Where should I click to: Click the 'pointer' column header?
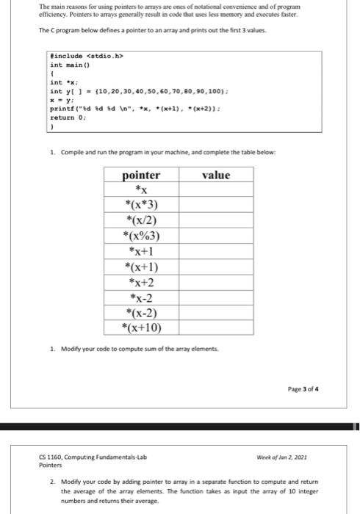click(141, 175)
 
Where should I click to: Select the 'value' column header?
click(216, 175)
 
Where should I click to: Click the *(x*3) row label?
click(141, 203)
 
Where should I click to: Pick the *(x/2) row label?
click(141, 220)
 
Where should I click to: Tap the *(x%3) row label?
click(141, 235)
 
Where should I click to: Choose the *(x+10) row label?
click(141, 327)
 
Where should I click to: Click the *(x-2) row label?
click(141, 312)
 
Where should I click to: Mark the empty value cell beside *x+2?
click(216, 281)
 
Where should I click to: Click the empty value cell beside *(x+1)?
click(216, 266)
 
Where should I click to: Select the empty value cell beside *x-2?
click(216, 297)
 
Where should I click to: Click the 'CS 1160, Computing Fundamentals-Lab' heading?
click(92, 457)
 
